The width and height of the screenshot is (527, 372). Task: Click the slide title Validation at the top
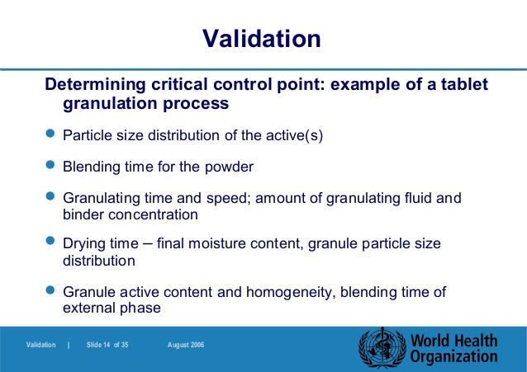262,39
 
